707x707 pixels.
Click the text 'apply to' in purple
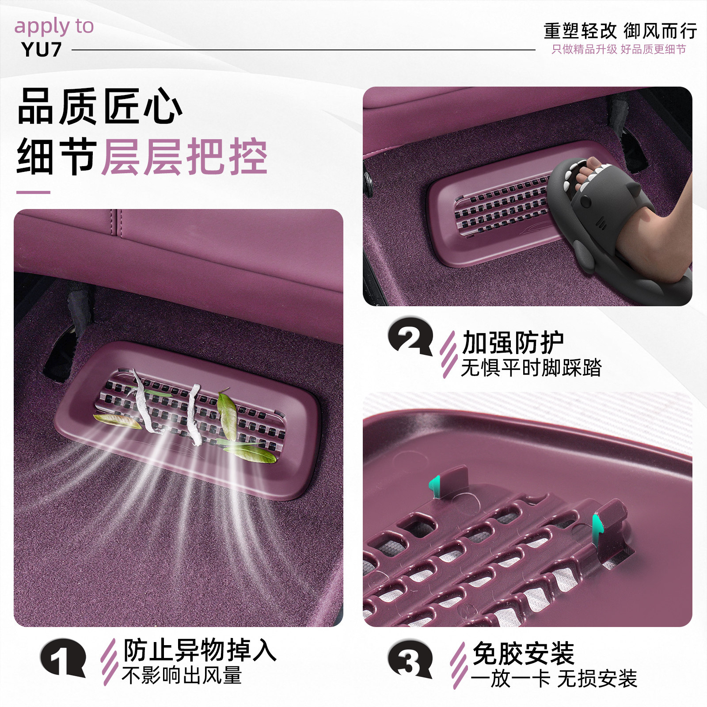click(54, 27)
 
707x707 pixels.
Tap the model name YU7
click(41, 50)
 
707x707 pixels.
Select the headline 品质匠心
click(100, 106)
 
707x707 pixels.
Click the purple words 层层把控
click(185, 157)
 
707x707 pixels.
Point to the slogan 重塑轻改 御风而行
click(620, 31)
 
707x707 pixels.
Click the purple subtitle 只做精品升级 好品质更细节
click(619, 49)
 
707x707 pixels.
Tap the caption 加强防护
click(513, 342)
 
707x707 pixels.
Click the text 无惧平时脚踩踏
click(531, 368)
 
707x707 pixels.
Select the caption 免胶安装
click(523, 654)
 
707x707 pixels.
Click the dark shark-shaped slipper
click(619, 230)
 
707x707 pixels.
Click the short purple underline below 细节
click(33, 192)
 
